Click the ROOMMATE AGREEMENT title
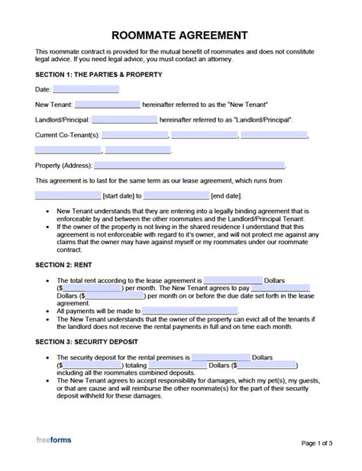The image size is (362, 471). tap(180, 34)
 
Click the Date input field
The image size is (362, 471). tap(86, 89)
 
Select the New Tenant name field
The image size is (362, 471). tap(107, 105)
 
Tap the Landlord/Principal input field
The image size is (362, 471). tap(124, 120)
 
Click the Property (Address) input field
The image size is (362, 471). tap(189, 165)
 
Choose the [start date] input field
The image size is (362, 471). tap(67, 195)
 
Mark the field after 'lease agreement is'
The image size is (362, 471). tap(233, 280)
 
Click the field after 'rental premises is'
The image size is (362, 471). tap(221, 357)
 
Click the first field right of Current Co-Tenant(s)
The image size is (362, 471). tap(134, 135)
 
